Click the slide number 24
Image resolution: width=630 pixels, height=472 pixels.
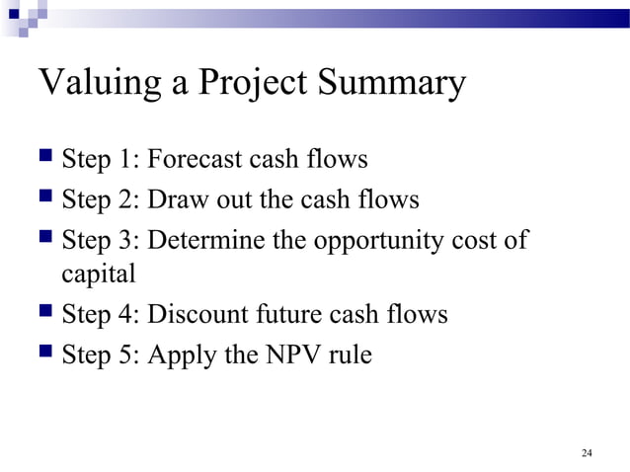point(587,453)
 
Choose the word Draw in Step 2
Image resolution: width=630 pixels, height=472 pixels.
point(174,200)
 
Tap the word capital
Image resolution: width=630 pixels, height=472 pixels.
point(98,275)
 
